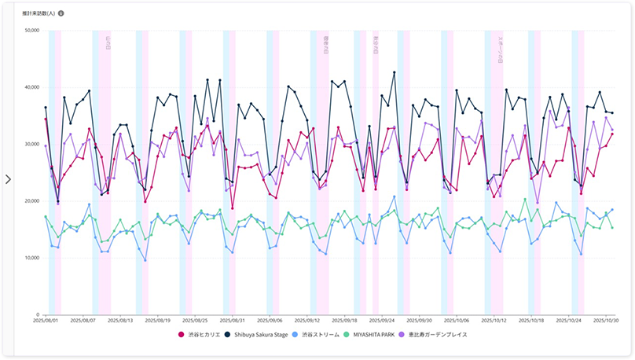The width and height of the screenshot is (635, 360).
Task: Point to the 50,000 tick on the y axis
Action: point(32,31)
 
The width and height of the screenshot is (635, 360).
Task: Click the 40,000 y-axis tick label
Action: point(32,87)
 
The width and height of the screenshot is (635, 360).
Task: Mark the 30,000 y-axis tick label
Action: point(32,144)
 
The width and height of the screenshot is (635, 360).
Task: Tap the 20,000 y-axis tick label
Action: point(32,201)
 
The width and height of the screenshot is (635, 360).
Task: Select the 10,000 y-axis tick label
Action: point(32,258)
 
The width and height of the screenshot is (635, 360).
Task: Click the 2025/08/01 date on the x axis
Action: point(46,321)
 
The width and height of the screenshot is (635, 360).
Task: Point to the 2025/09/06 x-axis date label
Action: point(270,321)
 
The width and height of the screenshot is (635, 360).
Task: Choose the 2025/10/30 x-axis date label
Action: point(605,321)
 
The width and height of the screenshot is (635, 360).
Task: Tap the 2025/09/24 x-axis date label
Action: point(381,321)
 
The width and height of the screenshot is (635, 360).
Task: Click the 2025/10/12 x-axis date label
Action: point(494,321)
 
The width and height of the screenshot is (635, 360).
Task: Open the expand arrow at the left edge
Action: point(8,179)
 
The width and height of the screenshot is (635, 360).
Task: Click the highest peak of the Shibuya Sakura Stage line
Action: point(394,72)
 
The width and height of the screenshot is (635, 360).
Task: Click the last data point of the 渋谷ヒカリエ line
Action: point(612,134)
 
